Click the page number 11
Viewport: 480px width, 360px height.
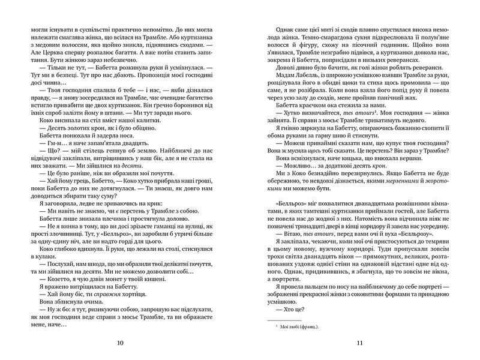[x=361, y=343]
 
